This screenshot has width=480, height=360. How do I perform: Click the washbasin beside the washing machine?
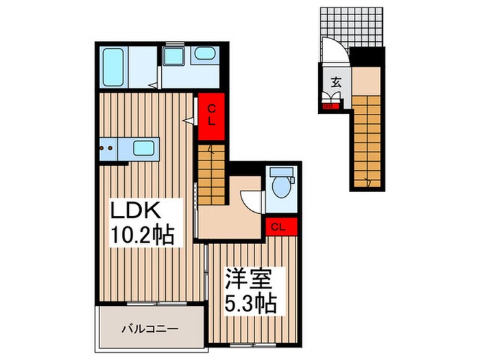202,54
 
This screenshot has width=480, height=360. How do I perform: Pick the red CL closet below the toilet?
279,226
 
